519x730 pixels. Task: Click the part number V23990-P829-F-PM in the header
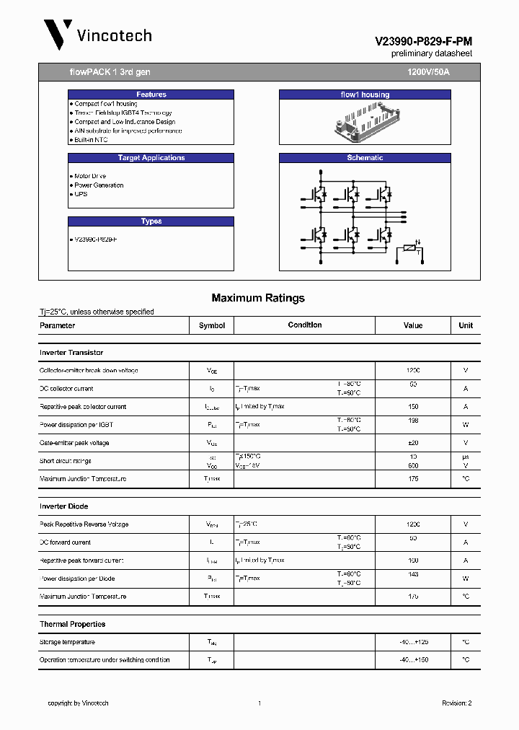tap(423, 43)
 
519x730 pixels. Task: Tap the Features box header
tap(151, 94)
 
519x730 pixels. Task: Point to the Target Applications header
tap(151, 158)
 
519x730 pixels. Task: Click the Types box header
tap(151, 221)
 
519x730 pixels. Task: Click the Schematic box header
tap(365, 158)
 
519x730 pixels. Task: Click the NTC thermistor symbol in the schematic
tap(411, 249)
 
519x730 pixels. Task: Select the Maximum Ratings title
tap(258, 298)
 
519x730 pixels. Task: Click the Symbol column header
tap(212, 325)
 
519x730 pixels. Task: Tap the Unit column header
tap(466, 325)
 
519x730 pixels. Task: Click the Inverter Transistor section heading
tap(71, 353)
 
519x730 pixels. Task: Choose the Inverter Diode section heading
tap(63, 506)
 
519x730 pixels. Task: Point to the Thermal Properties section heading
tap(72, 624)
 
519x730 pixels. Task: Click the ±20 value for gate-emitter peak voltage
tap(413, 443)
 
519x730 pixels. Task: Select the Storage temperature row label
tap(67, 642)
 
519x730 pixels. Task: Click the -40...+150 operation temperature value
tap(413, 660)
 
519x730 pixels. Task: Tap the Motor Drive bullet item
tap(90, 176)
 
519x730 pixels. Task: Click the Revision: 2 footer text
tap(456, 703)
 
